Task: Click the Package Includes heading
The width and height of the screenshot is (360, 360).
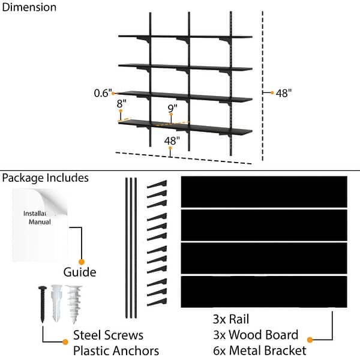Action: (46, 178)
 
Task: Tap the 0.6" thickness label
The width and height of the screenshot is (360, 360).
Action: (103, 93)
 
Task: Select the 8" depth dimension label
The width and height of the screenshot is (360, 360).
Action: (122, 103)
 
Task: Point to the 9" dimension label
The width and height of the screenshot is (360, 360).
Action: (172, 109)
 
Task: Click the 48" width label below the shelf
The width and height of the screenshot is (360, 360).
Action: (172, 140)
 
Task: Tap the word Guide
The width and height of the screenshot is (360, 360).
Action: (80, 272)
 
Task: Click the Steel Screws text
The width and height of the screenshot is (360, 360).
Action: (108, 335)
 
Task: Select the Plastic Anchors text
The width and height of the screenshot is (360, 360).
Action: (116, 350)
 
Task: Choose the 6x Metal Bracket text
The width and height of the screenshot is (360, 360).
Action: (259, 350)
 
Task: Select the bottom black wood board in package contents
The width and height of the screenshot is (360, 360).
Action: (264, 291)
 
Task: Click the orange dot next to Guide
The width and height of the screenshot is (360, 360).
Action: (82, 262)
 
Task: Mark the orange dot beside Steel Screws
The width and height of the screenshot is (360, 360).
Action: (65, 342)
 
